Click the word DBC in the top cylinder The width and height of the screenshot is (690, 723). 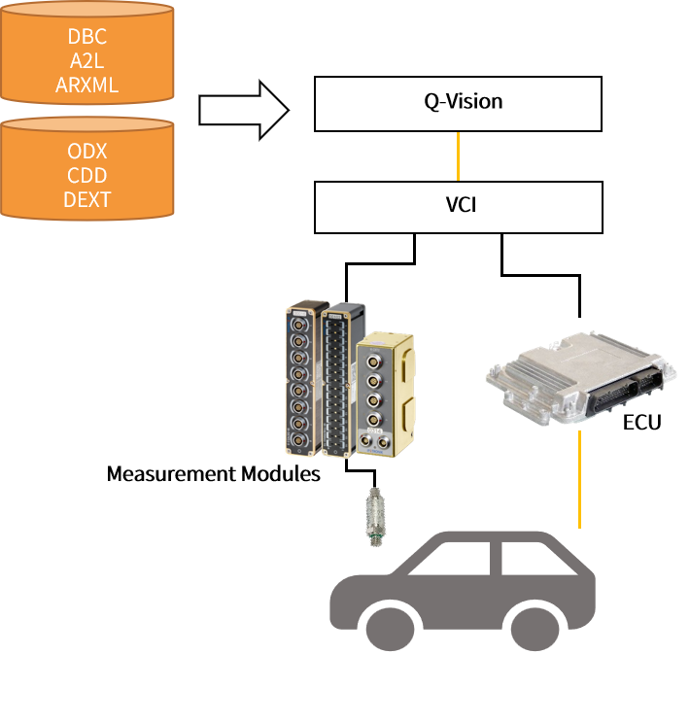(87, 36)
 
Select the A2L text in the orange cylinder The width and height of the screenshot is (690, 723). (87, 61)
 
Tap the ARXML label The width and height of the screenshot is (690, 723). (87, 86)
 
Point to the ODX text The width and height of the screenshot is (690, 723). (87, 152)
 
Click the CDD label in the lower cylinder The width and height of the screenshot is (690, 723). (87, 176)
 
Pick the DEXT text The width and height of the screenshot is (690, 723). (87, 200)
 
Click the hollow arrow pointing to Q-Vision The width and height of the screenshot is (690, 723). (244, 110)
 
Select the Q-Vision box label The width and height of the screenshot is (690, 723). (463, 101)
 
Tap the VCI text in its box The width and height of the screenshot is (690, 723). (461, 205)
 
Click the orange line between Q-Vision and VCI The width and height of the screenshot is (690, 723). (458, 156)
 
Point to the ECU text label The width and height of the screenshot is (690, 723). (641, 423)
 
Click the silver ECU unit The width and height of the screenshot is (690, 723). (581, 377)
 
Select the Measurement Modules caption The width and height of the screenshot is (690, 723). (214, 474)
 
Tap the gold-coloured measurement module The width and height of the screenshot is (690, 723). (385, 395)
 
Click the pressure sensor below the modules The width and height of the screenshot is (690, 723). (376, 517)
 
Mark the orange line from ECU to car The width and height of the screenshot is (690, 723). (580, 479)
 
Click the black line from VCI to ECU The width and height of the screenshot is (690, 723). (540, 275)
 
